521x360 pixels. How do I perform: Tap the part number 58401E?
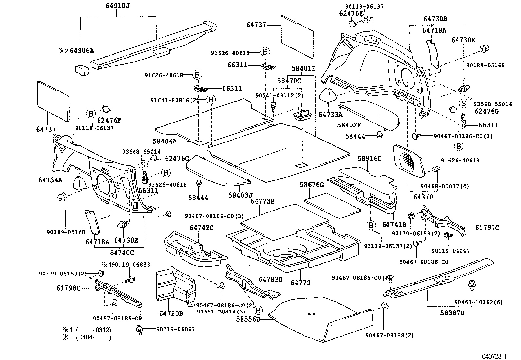click(304, 68)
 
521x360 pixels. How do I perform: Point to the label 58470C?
click(289, 80)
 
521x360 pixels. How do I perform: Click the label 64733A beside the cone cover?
click(331, 115)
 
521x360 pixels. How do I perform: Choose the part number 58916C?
click(369, 158)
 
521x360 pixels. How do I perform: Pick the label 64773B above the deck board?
click(262, 201)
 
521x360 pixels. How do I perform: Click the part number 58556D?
click(248, 319)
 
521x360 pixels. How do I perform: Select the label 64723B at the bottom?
click(171, 313)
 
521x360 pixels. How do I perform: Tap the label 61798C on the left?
click(68, 288)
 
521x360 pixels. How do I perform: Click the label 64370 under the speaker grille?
click(423, 197)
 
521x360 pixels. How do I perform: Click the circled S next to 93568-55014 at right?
click(464, 103)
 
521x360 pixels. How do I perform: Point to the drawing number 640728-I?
click(494, 356)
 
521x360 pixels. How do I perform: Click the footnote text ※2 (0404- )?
click(87, 337)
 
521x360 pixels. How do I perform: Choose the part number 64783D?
click(270, 279)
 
